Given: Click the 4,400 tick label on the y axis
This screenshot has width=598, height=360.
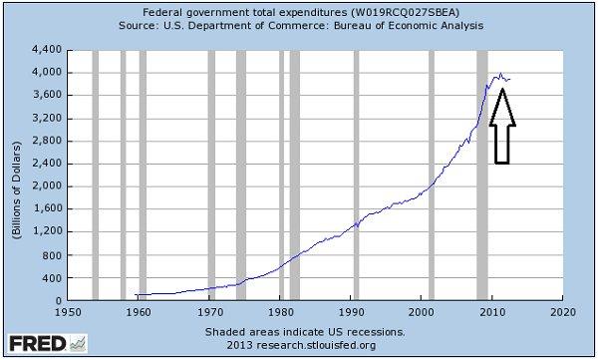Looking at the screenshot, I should click(46, 49).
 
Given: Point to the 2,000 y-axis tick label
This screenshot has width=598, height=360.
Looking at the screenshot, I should click(46, 185).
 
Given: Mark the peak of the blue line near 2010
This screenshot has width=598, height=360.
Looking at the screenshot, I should click(498, 74).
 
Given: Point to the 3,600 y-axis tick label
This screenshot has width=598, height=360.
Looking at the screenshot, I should click(46, 95).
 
